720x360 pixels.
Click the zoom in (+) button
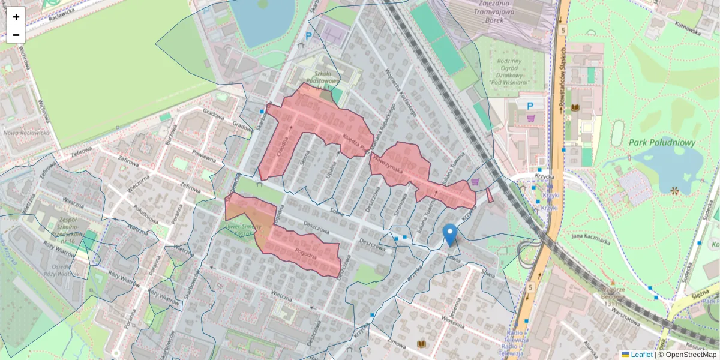16,17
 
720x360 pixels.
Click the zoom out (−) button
16,35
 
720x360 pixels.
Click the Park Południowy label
662,143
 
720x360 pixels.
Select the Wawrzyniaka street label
387,163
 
